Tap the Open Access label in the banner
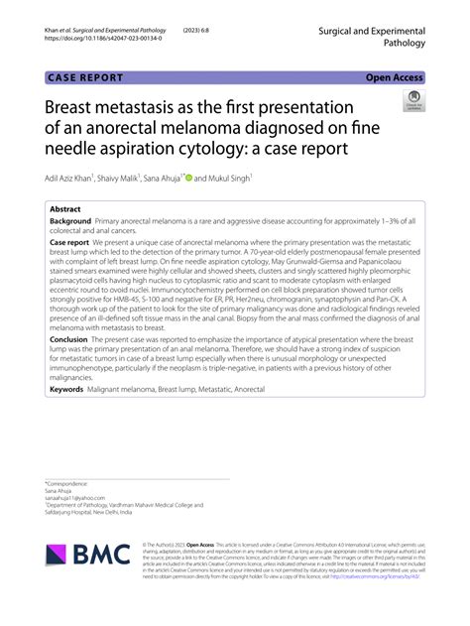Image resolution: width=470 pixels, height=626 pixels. pos(394,76)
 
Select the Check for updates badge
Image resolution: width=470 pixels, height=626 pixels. pos(411,101)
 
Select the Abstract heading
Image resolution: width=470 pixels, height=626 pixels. pos(65,210)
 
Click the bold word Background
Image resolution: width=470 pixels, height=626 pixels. pos(70,223)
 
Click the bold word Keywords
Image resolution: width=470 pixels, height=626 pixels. pos(66,390)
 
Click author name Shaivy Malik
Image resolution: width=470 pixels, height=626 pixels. pos(125,179)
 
